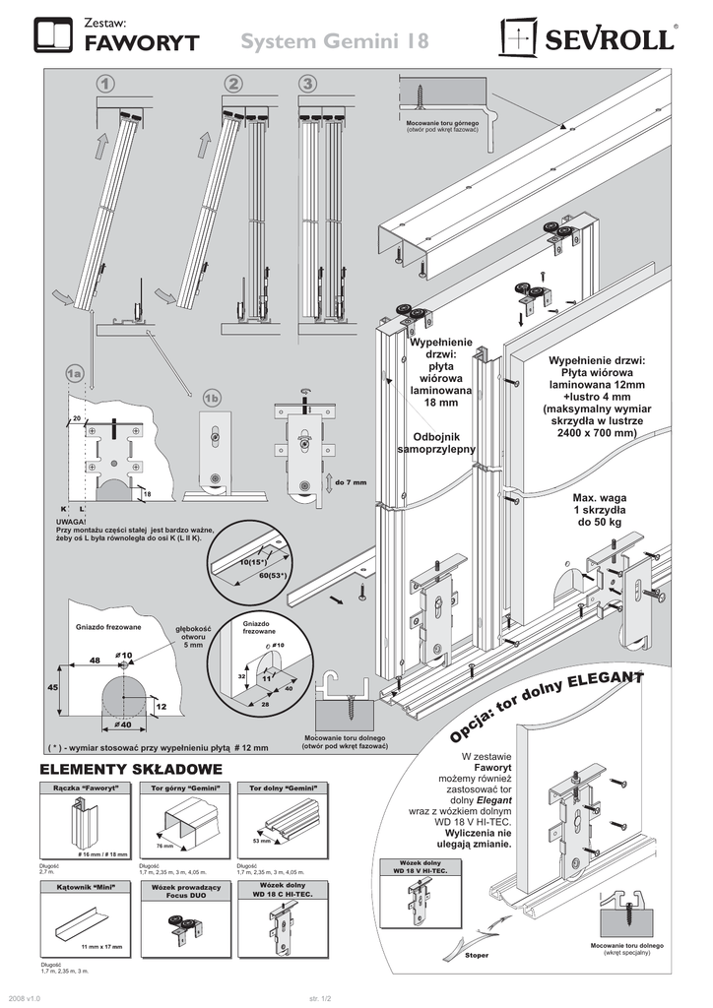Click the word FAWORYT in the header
142,42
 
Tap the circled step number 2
233,85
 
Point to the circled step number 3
308,85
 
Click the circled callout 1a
74,375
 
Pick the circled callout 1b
213,398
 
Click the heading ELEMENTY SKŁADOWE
130,768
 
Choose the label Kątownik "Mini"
85,888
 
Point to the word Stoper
475,955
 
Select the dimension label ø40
125,725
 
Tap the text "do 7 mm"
351,482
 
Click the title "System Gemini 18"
334,42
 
